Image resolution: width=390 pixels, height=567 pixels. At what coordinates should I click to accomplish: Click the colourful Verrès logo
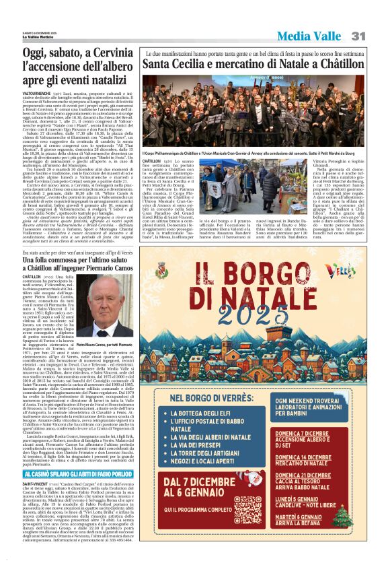(x=346, y=269)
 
